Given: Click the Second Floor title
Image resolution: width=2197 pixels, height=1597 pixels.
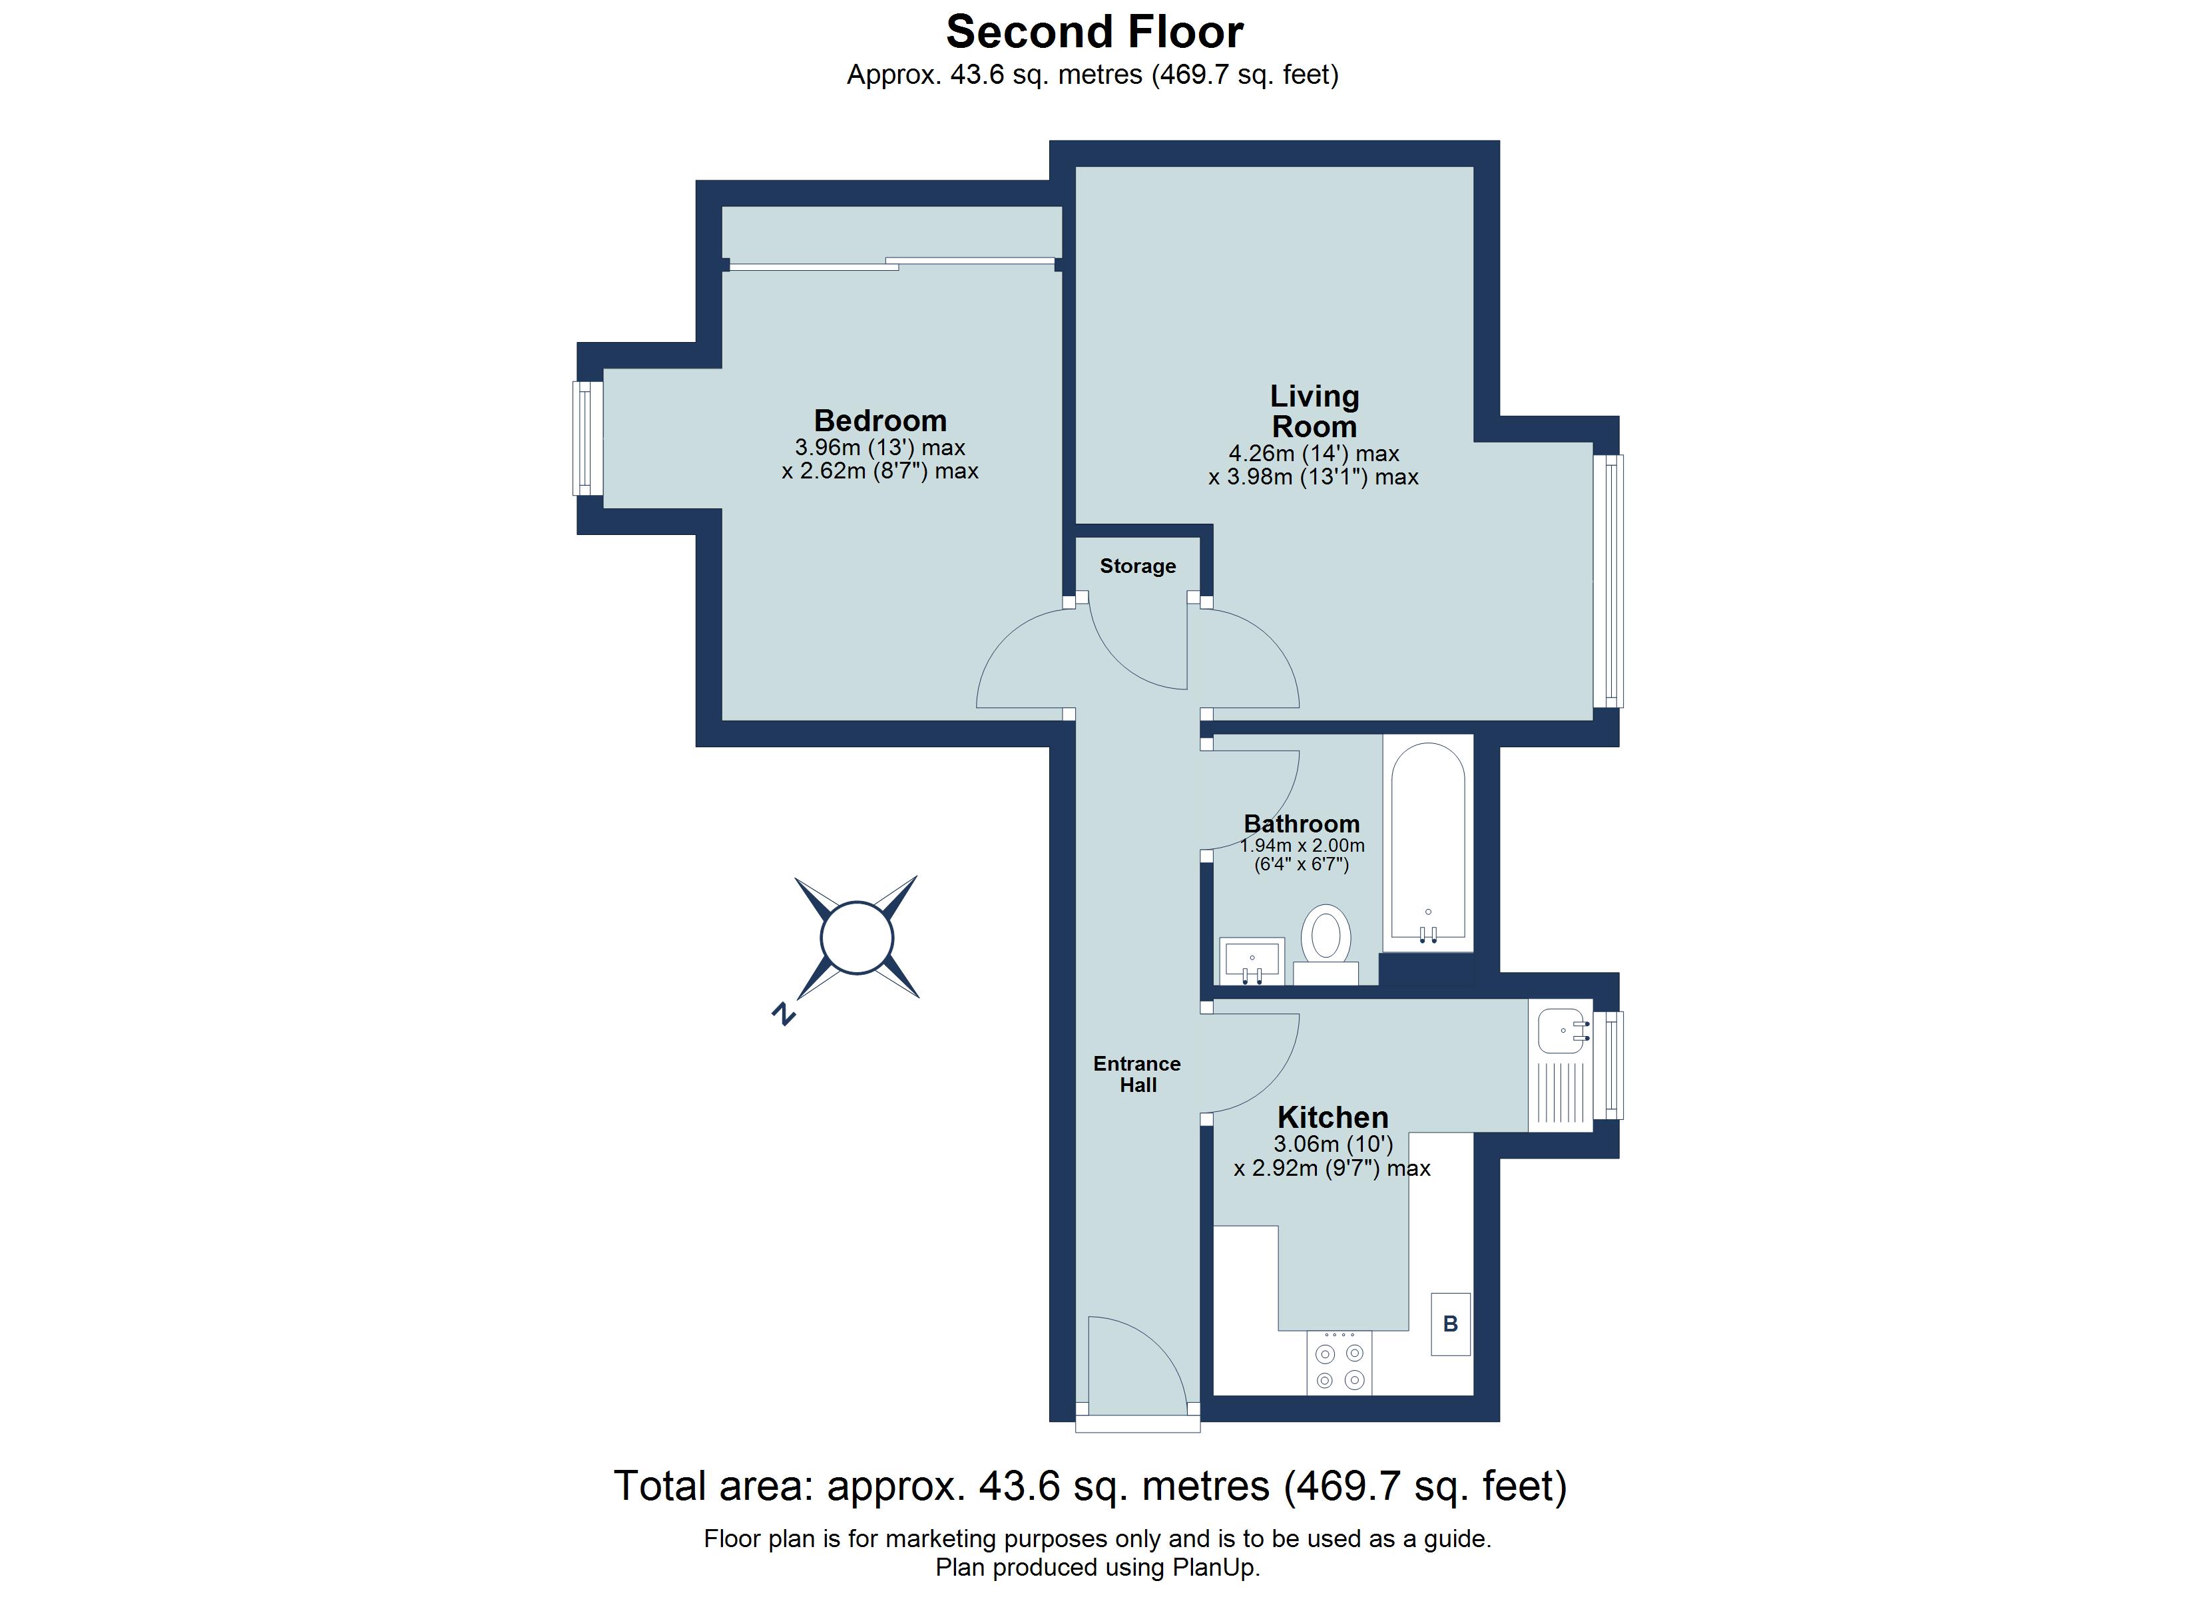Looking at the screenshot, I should tap(1094, 32).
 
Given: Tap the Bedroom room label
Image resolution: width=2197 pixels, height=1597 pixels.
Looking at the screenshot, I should tap(879, 421).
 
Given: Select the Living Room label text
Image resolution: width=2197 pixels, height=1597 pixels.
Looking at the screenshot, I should tap(1314, 412).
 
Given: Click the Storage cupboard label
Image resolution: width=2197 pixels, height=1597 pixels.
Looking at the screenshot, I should tap(1137, 566).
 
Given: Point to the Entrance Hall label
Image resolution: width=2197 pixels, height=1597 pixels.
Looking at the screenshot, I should tap(1137, 1074).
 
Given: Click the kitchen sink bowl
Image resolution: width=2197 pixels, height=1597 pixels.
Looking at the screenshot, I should tap(1560, 1031).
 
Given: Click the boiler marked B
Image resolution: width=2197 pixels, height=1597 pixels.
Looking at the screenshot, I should tap(1450, 1324).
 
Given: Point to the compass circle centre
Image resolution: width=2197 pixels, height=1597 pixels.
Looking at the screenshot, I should tap(856, 938).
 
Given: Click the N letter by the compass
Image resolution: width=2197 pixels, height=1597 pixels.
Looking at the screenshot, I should tap(783, 1014).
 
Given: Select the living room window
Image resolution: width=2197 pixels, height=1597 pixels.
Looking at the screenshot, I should tap(1609, 581).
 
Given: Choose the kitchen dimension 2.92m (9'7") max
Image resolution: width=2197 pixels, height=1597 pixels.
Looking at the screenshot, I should tap(1332, 1169).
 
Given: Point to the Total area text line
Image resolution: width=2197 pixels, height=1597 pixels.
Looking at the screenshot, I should tap(1090, 1487).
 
